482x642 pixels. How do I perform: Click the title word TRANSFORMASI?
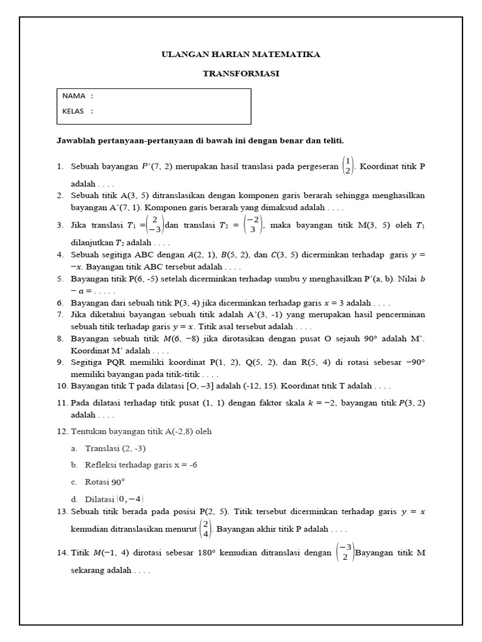pos(240,73)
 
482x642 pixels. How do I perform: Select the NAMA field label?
pos(74,96)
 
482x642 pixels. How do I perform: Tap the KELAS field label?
pos(75,112)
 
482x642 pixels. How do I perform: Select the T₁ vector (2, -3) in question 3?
pos(154,224)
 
